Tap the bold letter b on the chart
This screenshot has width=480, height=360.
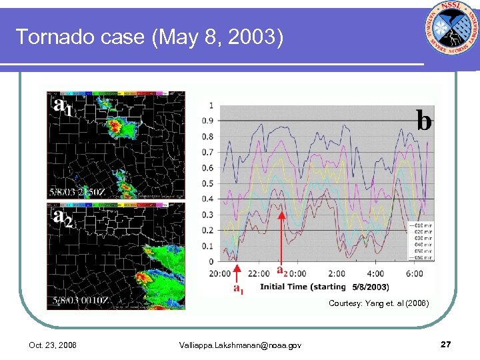pyautogui.click(x=423, y=120)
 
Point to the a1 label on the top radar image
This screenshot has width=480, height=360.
pyautogui.click(x=63, y=105)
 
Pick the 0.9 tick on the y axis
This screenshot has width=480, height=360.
pyautogui.click(x=210, y=121)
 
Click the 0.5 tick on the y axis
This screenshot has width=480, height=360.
pyautogui.click(x=210, y=183)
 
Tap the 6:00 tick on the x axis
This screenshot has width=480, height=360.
pyautogui.click(x=413, y=273)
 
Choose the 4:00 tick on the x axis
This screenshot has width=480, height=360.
pyautogui.click(x=375, y=273)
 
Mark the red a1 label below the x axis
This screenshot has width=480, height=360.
pyautogui.click(x=238, y=288)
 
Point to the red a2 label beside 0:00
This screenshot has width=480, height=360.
pyautogui.click(x=282, y=271)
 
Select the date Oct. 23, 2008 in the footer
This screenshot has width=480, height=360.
pyautogui.click(x=53, y=345)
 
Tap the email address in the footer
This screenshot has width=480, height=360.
pyautogui.click(x=240, y=345)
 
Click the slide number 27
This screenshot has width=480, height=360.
pyautogui.click(x=446, y=344)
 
